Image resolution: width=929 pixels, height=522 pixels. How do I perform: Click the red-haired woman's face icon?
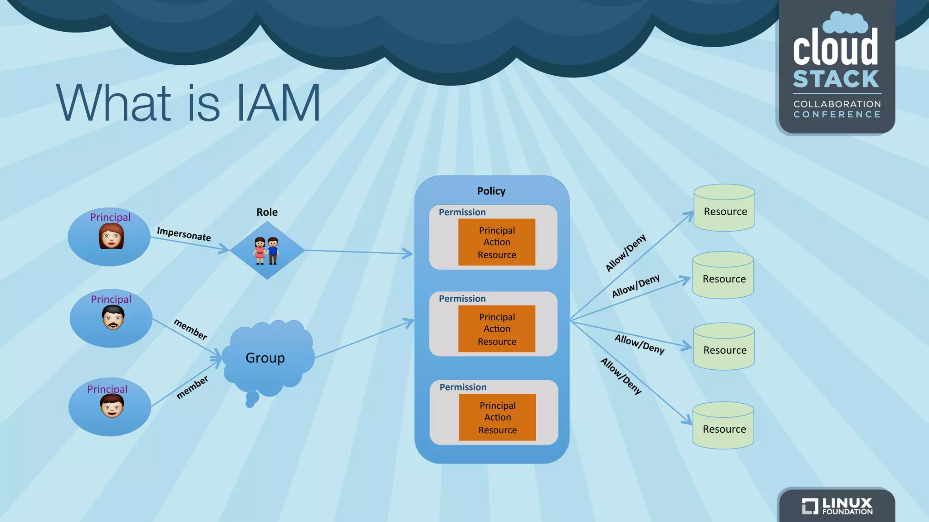click(x=111, y=236)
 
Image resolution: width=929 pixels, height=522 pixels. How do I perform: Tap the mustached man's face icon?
click(x=113, y=317)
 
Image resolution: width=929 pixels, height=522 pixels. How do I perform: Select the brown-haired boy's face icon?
click(x=112, y=406)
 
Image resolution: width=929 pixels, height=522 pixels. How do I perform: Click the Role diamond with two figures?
click(x=267, y=250)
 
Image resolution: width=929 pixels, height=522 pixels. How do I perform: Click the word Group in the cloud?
click(x=265, y=358)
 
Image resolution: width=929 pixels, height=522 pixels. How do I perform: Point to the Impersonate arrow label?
click(x=184, y=234)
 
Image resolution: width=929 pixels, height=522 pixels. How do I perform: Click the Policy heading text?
click(x=491, y=191)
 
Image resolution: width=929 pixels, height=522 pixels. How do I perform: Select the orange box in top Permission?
click(x=497, y=242)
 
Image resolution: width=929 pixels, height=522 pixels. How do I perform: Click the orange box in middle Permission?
click(x=497, y=329)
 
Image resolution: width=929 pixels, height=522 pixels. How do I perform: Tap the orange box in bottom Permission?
click(x=497, y=417)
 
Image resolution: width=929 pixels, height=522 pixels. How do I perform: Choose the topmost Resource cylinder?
click(x=724, y=208)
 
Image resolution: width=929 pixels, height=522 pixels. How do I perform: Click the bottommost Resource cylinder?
click(x=724, y=426)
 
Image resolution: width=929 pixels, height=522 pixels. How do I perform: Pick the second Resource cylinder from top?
click(x=723, y=276)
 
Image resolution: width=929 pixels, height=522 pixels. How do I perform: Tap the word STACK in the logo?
click(x=836, y=79)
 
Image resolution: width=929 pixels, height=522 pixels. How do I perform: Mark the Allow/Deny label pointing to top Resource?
click(x=626, y=253)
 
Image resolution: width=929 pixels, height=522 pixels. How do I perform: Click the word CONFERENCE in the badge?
click(x=837, y=115)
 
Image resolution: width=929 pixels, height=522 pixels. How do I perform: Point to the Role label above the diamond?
click(x=267, y=212)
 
